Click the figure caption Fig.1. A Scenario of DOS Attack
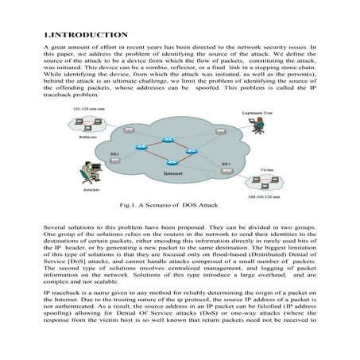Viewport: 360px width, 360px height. [176, 205]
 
